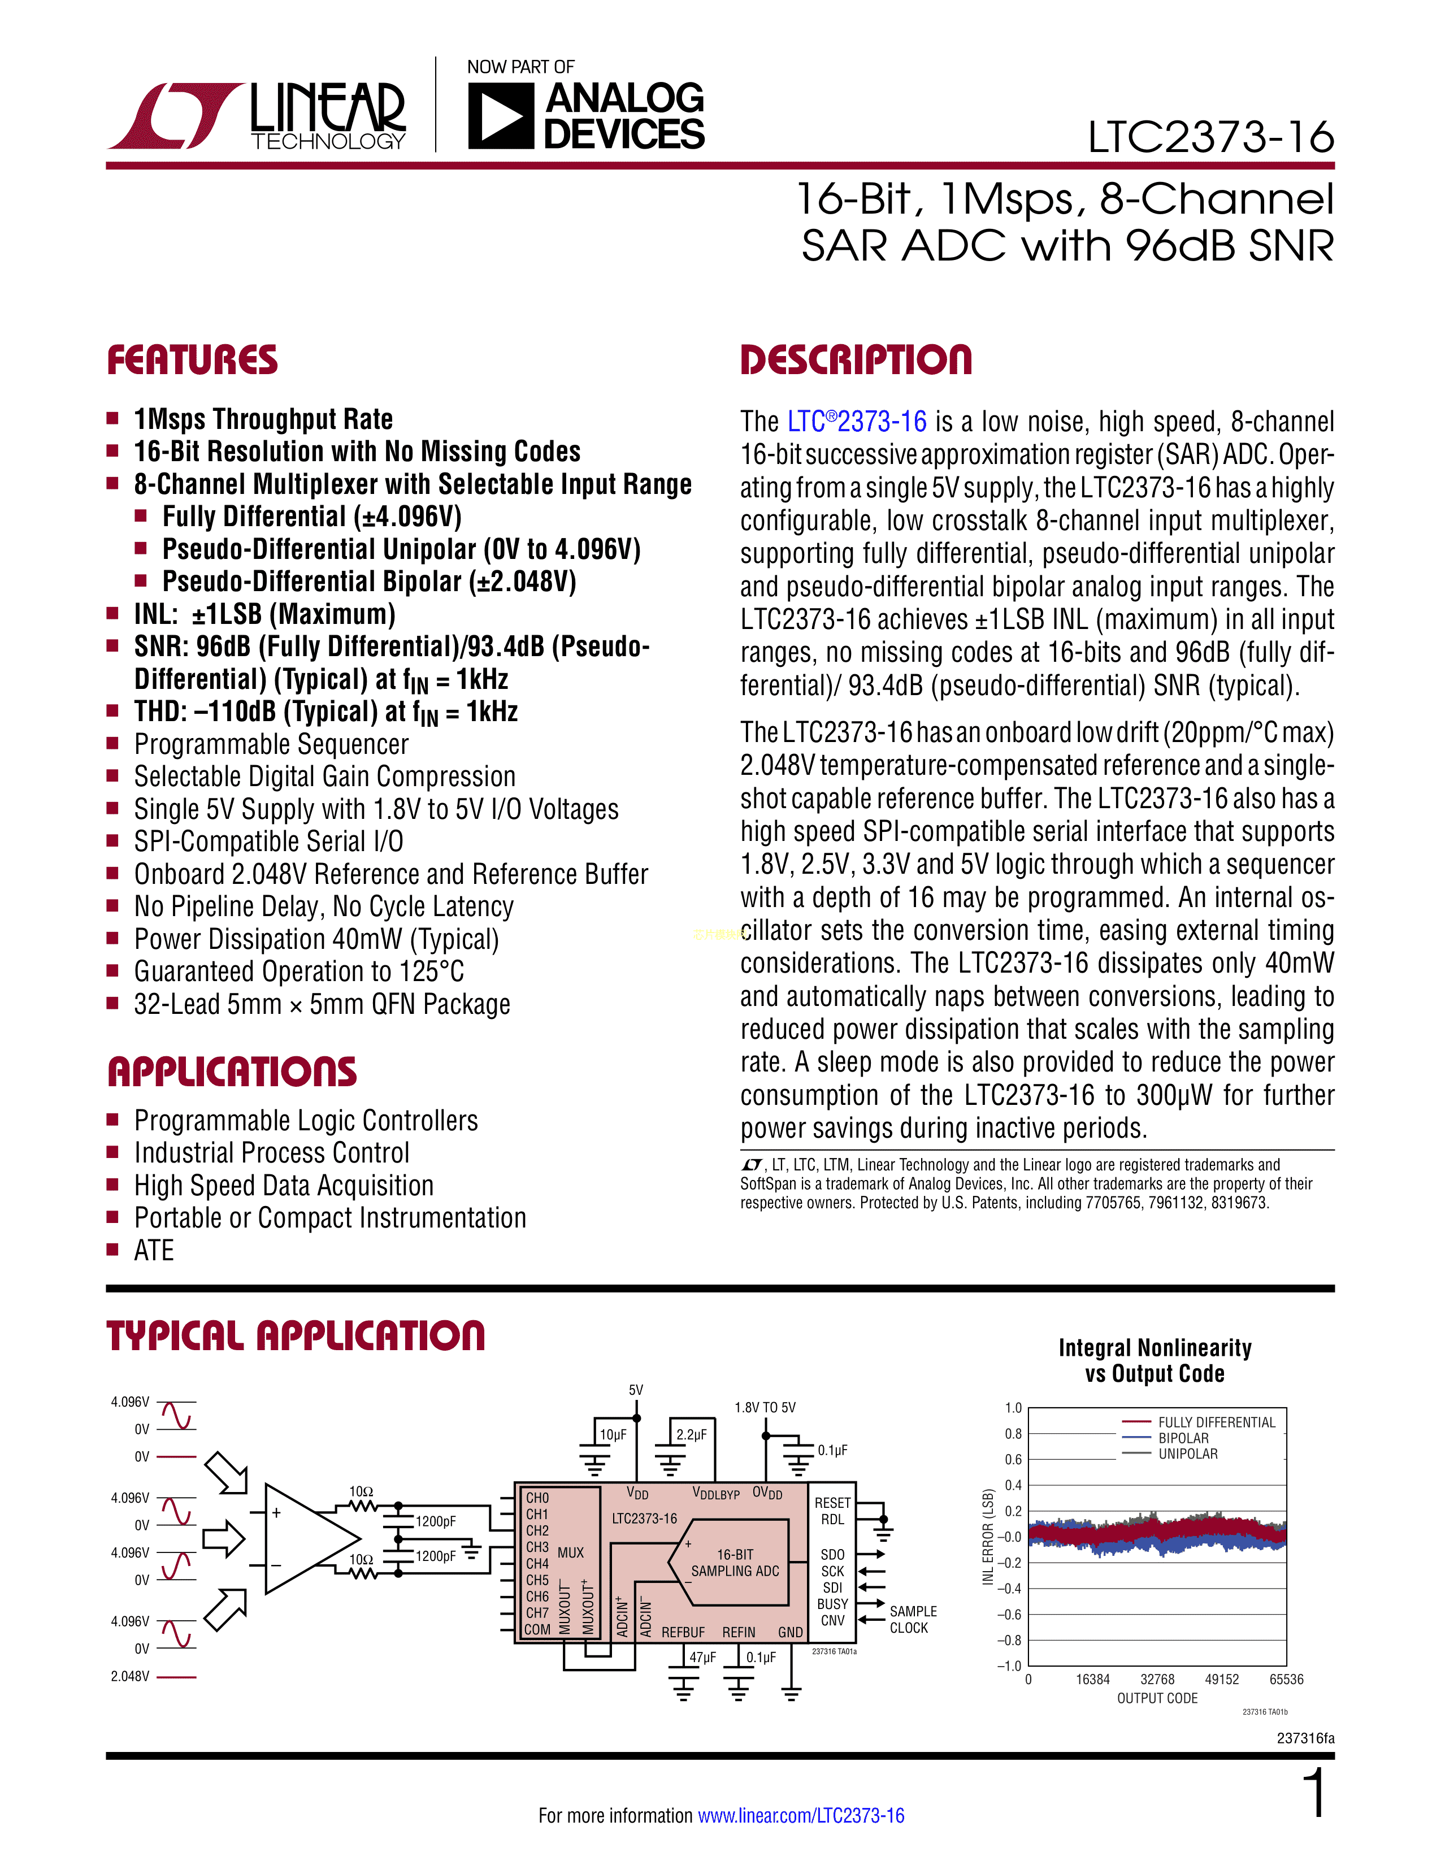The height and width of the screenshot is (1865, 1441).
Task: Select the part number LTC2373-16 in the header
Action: pyautogui.click(x=1210, y=137)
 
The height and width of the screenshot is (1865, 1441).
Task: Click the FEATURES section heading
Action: pyautogui.click(x=192, y=361)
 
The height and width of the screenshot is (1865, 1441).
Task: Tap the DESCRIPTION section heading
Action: pyautogui.click(x=856, y=361)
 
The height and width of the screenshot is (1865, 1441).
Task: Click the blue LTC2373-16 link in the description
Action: pyautogui.click(x=856, y=422)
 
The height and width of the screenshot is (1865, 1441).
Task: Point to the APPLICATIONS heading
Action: pyautogui.click(x=232, y=1073)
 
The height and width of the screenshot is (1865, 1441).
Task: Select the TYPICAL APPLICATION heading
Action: pyautogui.click(x=296, y=1335)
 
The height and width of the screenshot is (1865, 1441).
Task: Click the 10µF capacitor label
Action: pyautogui.click(x=613, y=1434)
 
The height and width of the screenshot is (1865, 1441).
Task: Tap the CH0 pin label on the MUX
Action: pyautogui.click(x=537, y=1498)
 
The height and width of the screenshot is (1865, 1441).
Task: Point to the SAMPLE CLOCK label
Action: pyautogui.click(x=913, y=1619)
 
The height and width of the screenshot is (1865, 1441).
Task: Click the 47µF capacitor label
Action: pyautogui.click(x=702, y=1658)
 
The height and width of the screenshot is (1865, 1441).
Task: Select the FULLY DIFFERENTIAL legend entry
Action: pyautogui.click(x=1216, y=1422)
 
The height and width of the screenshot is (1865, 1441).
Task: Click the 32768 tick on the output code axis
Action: pyautogui.click(x=1157, y=1679)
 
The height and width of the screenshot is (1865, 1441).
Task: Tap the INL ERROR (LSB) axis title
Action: pyautogui.click(x=988, y=1537)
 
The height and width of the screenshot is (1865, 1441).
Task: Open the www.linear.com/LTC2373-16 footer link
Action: pyautogui.click(x=801, y=1815)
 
